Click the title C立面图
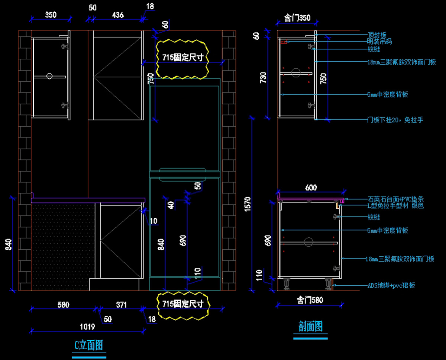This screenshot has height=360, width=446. [88, 346]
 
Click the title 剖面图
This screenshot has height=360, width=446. [311, 327]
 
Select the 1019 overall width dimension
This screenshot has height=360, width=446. [88, 327]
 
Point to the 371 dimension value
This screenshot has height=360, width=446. [121, 305]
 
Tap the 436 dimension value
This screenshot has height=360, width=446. [117, 15]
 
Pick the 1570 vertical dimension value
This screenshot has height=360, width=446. [248, 202]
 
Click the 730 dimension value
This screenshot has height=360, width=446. [263, 77]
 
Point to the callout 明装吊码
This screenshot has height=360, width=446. [379, 42]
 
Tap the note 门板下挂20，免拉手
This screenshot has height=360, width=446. [395, 120]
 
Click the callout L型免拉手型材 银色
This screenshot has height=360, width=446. [396, 205]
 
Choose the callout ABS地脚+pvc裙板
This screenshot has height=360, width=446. [391, 285]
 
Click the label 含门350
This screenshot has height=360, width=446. [297, 18]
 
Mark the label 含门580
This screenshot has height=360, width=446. [310, 300]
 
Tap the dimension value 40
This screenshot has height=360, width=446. [171, 205]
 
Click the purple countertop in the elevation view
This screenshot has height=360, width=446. [88, 200]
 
